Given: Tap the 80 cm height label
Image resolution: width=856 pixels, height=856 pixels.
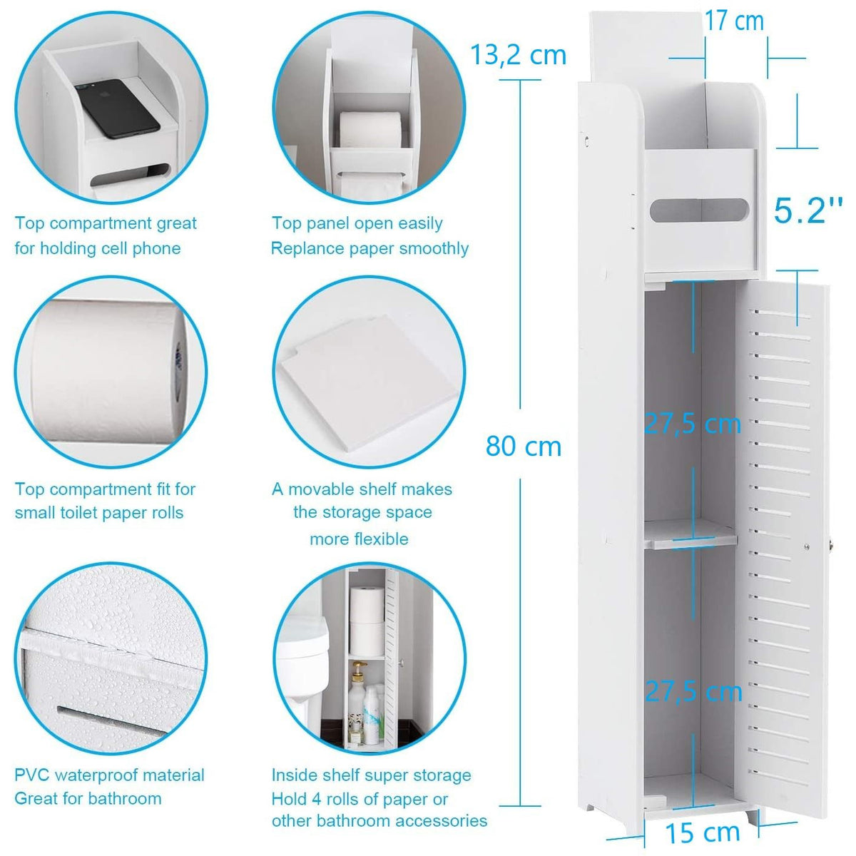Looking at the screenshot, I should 524,446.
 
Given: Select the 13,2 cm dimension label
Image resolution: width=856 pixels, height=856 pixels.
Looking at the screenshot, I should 518,55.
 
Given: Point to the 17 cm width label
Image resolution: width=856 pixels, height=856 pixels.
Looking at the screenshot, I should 734,21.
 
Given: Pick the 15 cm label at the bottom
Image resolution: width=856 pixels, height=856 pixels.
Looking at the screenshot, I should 703,832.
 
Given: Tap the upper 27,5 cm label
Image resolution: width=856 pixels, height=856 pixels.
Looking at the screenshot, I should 692,424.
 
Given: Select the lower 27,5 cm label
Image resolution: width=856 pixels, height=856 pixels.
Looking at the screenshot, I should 693,691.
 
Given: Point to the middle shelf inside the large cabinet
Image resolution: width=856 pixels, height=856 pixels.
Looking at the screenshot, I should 690,536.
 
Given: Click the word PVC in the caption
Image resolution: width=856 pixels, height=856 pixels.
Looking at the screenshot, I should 32,775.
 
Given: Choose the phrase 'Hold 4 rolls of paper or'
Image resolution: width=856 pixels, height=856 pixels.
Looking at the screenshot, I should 360,799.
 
